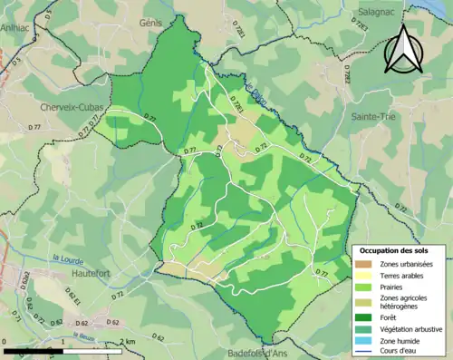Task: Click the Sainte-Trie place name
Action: (375, 117)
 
